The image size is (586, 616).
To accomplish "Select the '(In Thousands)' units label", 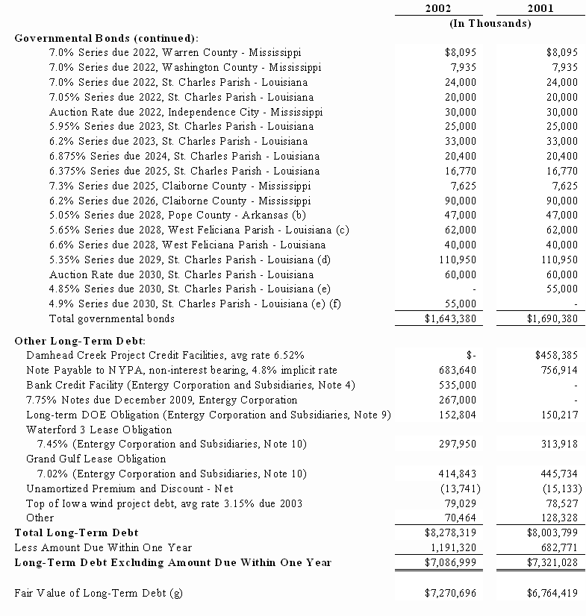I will click(490, 23).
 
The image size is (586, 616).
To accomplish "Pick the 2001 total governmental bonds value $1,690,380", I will click(549, 318).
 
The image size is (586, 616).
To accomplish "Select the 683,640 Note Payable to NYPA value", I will click(456, 370).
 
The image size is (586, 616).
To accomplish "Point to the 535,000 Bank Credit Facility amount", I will click(456, 385).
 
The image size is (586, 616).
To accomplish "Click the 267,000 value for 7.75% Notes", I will click(456, 400).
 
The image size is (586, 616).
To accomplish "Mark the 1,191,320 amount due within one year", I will click(451, 547).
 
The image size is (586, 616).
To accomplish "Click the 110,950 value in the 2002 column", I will click(456, 260).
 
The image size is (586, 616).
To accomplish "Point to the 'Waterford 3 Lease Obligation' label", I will click(99, 430).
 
